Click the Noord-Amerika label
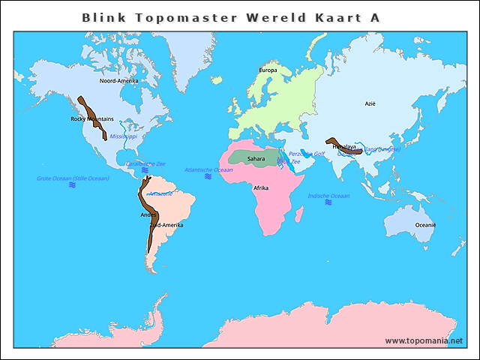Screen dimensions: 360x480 pos(118,80)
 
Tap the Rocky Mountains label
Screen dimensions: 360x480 pos(92,118)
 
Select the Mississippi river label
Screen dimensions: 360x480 pos(124,136)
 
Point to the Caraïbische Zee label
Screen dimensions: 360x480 pos(145,163)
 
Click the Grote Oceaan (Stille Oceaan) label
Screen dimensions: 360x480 pos(73,178)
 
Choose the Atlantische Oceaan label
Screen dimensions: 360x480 pos(208,169)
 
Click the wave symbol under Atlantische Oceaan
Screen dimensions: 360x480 pos(208,177)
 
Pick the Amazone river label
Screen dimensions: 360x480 pos(160,193)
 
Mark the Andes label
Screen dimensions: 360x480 pos(148,215)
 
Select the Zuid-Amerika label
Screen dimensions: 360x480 pos(166,225)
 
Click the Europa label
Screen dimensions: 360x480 pos(268,70)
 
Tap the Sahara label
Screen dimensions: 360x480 pos(256,158)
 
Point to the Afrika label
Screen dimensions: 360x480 pos(261,187)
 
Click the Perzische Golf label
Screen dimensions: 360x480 pos(307,154)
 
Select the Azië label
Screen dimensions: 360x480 pos(370,103)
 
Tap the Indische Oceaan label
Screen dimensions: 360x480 pos(328,196)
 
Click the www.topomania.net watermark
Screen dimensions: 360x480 pos(424,340)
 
